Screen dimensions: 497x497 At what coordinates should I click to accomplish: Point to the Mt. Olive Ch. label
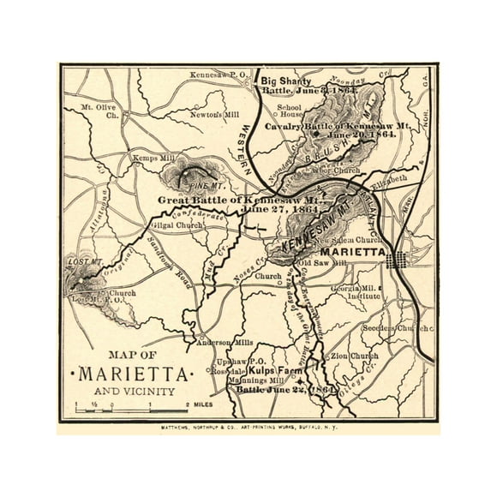coord(99,111)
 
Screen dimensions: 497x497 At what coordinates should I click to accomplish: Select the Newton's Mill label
coord(207,114)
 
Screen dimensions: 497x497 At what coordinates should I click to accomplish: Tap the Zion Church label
coord(352,355)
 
